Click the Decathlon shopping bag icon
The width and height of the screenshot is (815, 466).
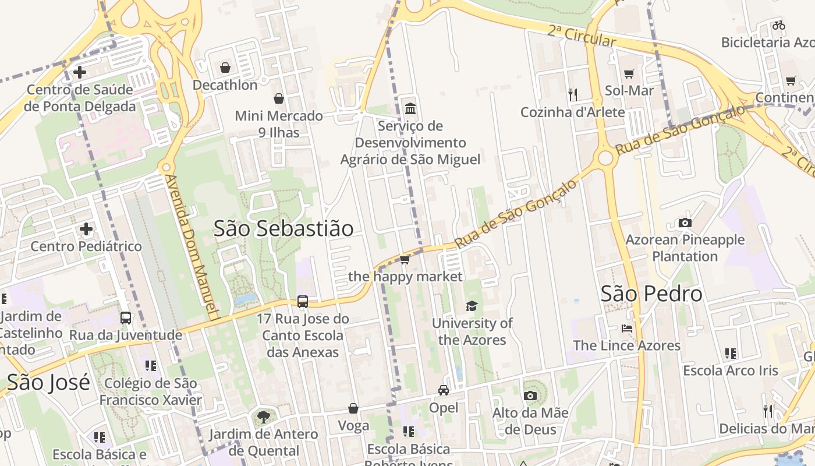pyautogui.click(x=225, y=68)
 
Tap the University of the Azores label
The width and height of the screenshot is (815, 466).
pyautogui.click(x=472, y=331)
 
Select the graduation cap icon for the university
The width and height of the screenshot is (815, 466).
pyautogui.click(x=472, y=306)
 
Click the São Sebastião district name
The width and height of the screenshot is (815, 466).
pyautogui.click(x=284, y=228)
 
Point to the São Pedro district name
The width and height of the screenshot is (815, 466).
pyautogui.click(x=651, y=294)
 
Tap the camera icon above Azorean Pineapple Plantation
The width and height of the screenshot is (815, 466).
pyautogui.click(x=685, y=223)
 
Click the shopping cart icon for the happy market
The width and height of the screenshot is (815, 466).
pyautogui.click(x=405, y=259)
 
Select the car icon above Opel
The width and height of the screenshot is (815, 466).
pyautogui.click(x=444, y=390)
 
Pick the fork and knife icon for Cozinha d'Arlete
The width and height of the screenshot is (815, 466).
pyautogui.click(x=573, y=94)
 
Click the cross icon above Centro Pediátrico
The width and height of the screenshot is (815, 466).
pyautogui.click(x=86, y=228)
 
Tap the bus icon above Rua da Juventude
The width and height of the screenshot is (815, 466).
pyautogui.click(x=126, y=318)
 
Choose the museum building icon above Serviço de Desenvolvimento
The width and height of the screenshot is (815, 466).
pyautogui.click(x=410, y=108)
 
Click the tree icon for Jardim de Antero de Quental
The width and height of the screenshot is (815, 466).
pyautogui.click(x=264, y=416)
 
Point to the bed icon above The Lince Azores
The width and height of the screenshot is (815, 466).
pyautogui.click(x=626, y=328)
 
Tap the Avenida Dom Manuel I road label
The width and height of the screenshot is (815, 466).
pyautogui.click(x=191, y=247)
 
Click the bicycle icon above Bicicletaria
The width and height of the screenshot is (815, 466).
pyautogui.click(x=779, y=25)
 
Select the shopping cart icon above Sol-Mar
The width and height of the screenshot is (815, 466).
pyautogui.click(x=629, y=73)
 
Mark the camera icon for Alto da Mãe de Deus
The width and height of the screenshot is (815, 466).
pyautogui.click(x=530, y=396)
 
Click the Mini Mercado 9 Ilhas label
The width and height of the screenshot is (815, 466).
pyautogui.click(x=279, y=124)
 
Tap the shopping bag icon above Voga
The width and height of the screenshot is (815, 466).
pyautogui.click(x=353, y=408)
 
